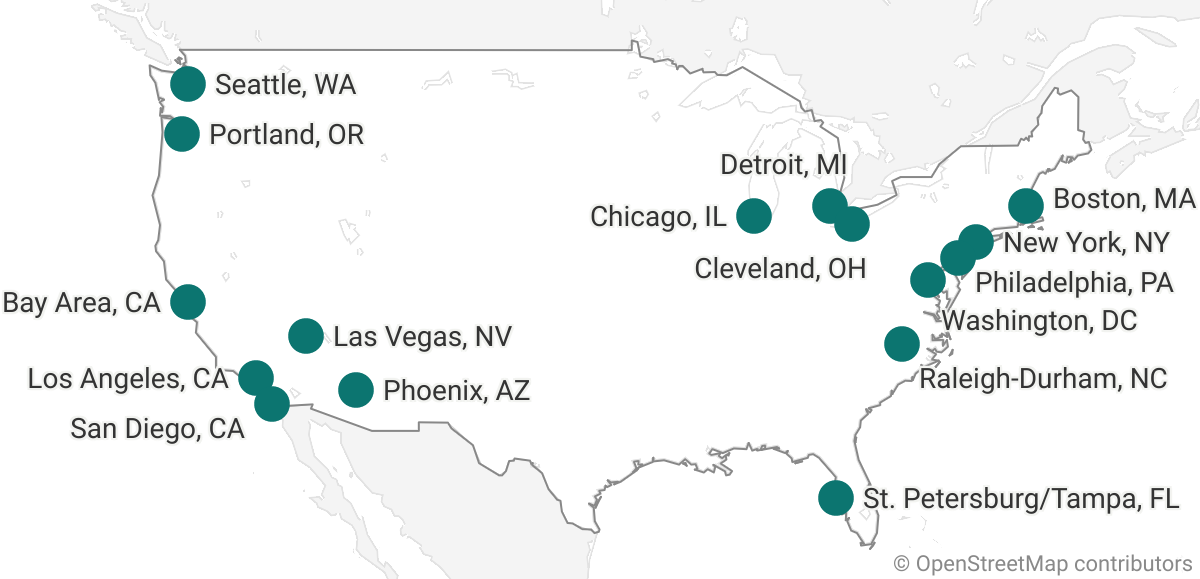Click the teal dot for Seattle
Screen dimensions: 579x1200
[x=188, y=84]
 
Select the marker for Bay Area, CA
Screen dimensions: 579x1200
[x=188, y=301]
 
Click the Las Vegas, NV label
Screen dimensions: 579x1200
[x=422, y=337]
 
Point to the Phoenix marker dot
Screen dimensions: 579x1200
[x=356, y=389]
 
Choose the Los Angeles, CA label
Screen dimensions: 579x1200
[x=128, y=379]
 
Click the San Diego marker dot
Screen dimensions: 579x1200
[x=272, y=404]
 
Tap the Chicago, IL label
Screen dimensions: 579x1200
[x=658, y=217]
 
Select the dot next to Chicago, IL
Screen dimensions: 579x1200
[x=753, y=216]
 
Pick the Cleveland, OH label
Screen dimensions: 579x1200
[x=780, y=268]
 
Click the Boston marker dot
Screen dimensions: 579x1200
[x=1026, y=206]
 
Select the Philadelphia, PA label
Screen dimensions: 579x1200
[x=1074, y=283]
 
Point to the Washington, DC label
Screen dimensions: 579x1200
[x=1040, y=321]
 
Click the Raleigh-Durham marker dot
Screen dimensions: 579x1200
[x=902, y=344]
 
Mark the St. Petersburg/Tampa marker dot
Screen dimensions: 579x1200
[x=835, y=497]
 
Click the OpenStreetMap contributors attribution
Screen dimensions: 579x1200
[x=1043, y=564]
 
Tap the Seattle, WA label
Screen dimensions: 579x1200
[x=285, y=85]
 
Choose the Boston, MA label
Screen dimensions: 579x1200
[x=1124, y=200]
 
